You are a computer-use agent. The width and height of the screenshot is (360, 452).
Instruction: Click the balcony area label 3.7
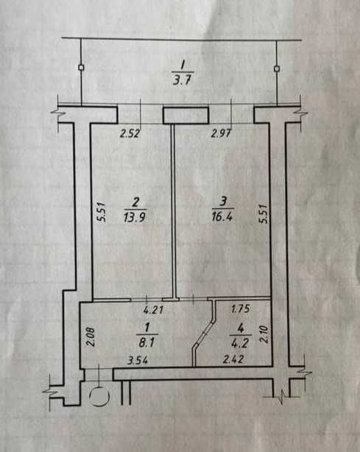pos(182,80)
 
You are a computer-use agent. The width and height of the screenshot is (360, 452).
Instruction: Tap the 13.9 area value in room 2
pos(135,216)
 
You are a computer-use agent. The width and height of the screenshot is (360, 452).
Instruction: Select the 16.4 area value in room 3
pos(222,216)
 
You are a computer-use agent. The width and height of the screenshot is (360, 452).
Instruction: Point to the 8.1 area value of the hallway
pos(147,342)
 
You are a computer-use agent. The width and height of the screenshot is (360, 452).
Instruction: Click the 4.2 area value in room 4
pos(239,343)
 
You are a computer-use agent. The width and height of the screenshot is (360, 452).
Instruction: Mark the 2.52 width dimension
pos(130,134)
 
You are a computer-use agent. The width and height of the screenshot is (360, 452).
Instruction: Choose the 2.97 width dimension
pos(222,133)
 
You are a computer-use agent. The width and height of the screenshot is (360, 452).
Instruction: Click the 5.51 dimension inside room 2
pos(102,212)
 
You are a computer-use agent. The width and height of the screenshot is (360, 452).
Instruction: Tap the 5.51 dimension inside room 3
pos(263,213)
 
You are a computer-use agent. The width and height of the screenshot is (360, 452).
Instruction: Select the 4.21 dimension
pos(154,310)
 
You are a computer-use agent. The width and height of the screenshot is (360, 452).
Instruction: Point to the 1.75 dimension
pos(241,308)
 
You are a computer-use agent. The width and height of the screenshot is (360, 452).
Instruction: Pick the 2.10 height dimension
pos(264,334)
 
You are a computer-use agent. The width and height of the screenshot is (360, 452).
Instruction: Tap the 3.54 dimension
pos(138,360)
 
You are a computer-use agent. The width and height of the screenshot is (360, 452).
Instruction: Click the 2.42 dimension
pos(233,359)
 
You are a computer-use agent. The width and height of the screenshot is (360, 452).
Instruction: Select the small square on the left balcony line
pos(81,68)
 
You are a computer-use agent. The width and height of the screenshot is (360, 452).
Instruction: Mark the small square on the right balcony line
pos(277,68)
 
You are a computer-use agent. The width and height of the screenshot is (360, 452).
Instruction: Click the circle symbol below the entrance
pos(99,397)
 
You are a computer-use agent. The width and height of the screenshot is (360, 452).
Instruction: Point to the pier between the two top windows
pos(186,116)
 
